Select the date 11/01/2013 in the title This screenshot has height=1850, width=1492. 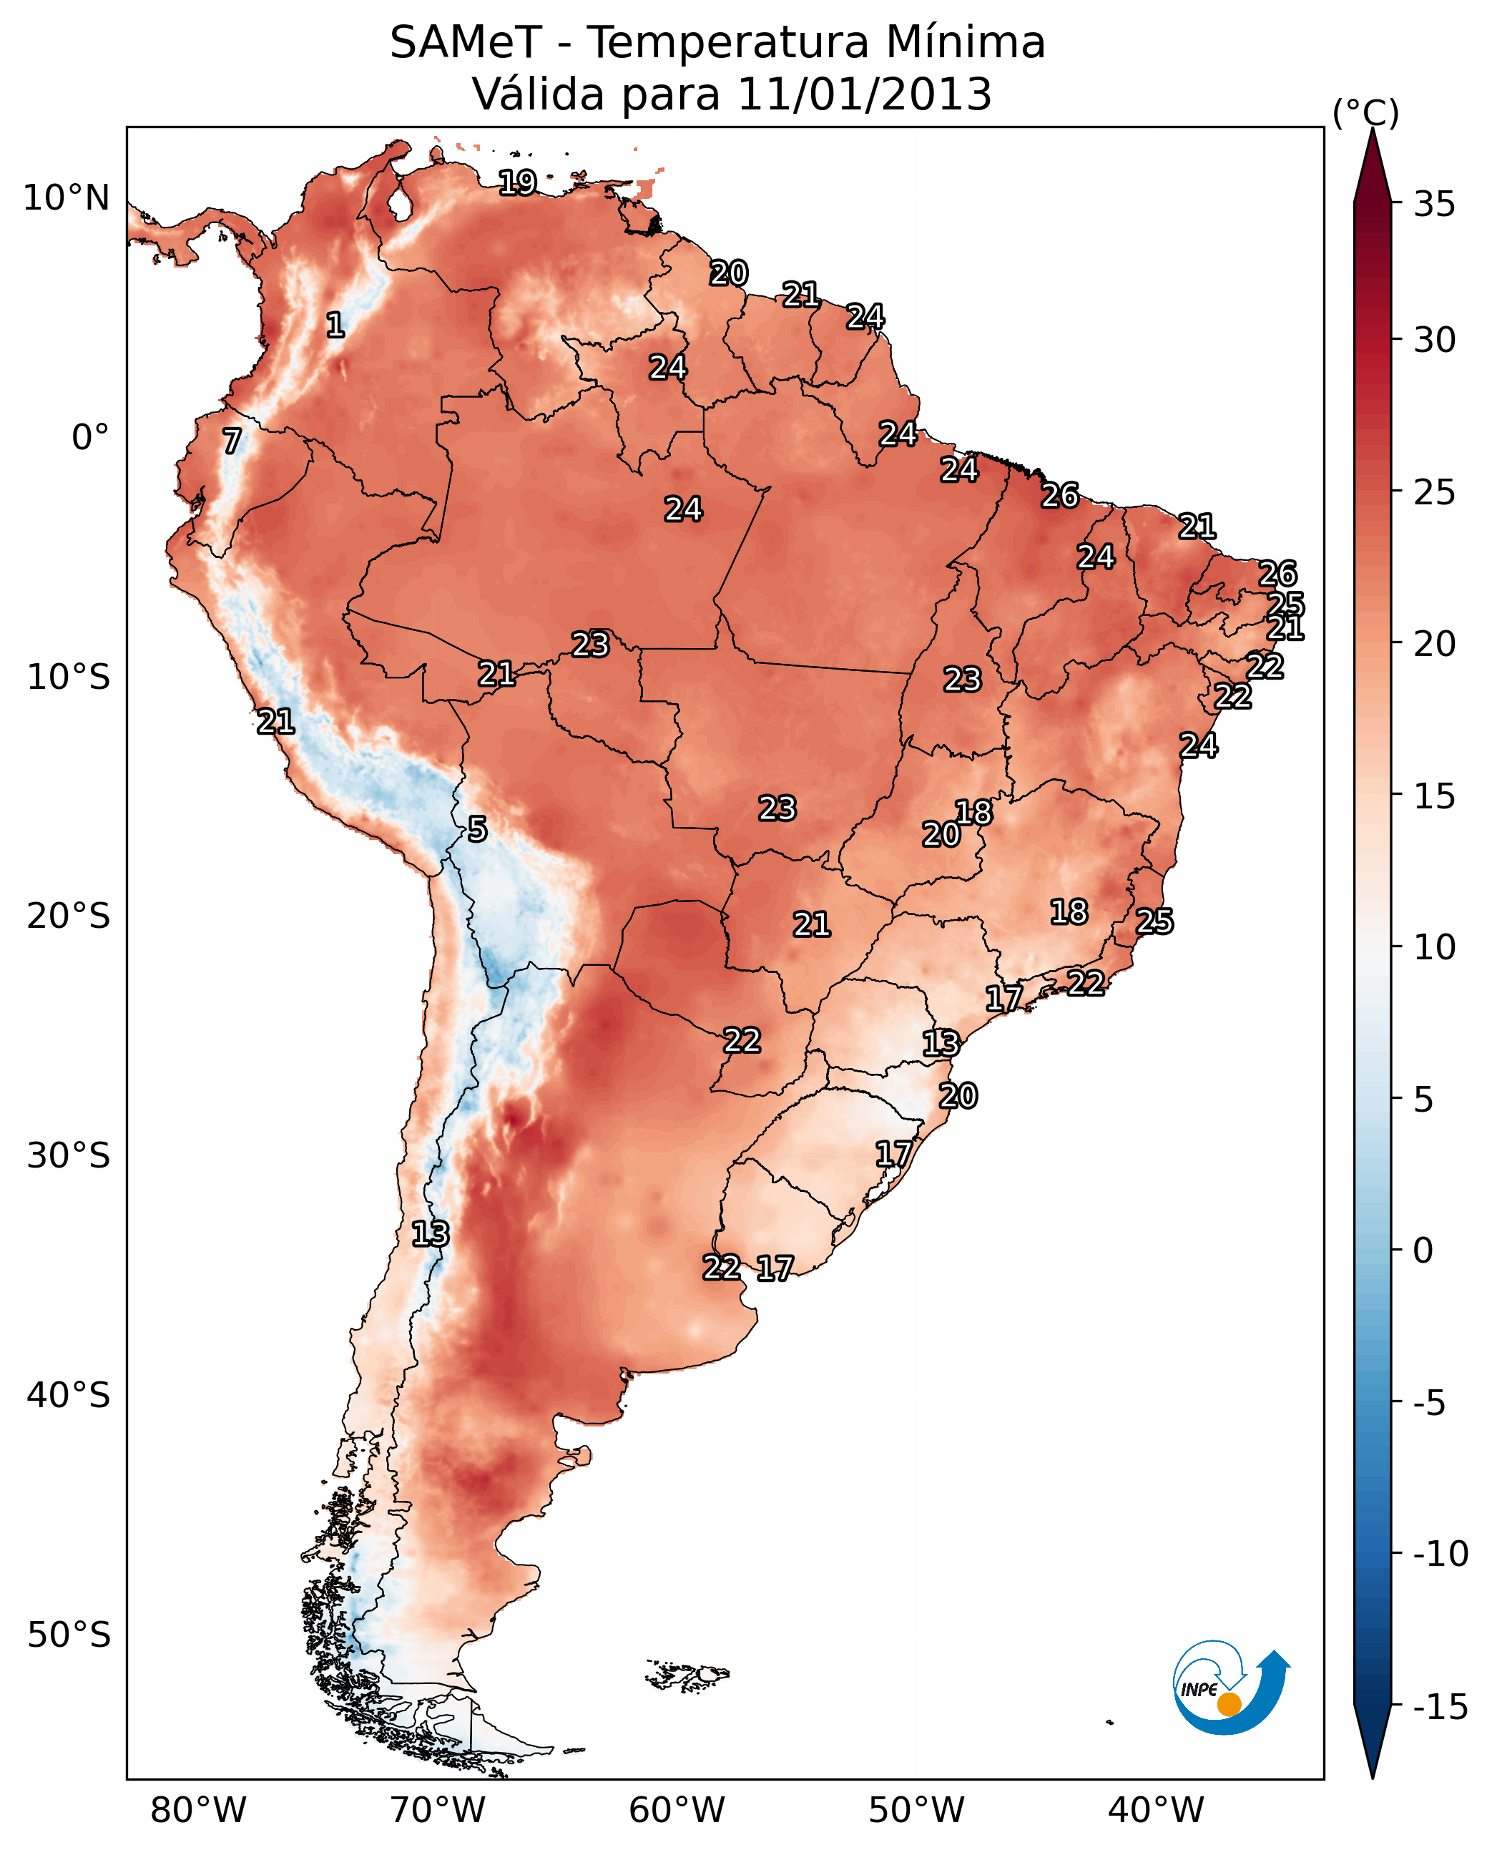[x=865, y=94]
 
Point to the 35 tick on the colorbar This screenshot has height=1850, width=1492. [x=1434, y=205]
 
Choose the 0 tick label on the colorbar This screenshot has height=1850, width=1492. [x=1423, y=1251]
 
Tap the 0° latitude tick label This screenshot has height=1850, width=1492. [x=90, y=438]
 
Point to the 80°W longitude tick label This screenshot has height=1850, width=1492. [x=199, y=1811]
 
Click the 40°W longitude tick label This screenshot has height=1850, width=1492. [x=1156, y=1811]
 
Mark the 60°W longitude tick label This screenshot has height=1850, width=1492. [x=677, y=1811]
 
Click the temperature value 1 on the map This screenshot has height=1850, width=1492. [x=335, y=325]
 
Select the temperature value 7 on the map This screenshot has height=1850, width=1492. [x=232, y=441]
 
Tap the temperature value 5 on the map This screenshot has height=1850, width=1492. [x=477, y=828]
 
